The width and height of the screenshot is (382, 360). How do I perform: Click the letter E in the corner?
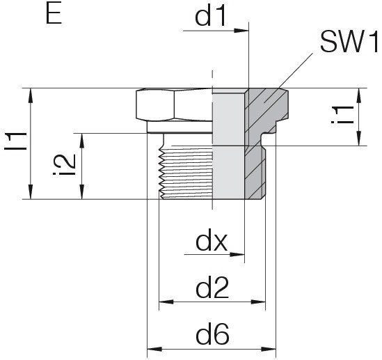point(54,15)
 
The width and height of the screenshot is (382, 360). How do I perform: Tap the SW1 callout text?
point(349,42)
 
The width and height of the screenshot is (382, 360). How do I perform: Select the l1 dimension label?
point(15,141)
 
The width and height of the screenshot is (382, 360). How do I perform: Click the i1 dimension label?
point(342,115)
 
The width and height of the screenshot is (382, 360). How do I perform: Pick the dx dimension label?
point(212,242)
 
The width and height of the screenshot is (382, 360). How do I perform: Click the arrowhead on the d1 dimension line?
point(241,31)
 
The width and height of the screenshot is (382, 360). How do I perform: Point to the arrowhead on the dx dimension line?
point(237,254)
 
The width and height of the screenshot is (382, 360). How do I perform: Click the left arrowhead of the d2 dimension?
point(166,302)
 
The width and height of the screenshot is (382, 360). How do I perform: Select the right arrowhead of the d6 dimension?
point(269,349)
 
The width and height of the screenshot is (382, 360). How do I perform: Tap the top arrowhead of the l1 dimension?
point(31,95)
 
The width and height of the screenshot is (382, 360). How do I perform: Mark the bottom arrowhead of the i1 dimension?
point(359,139)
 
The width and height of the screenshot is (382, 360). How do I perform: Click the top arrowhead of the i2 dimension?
point(82,141)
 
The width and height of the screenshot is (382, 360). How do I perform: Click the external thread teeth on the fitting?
point(161,173)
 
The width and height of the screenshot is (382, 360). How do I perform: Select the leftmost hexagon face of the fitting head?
point(155,105)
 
